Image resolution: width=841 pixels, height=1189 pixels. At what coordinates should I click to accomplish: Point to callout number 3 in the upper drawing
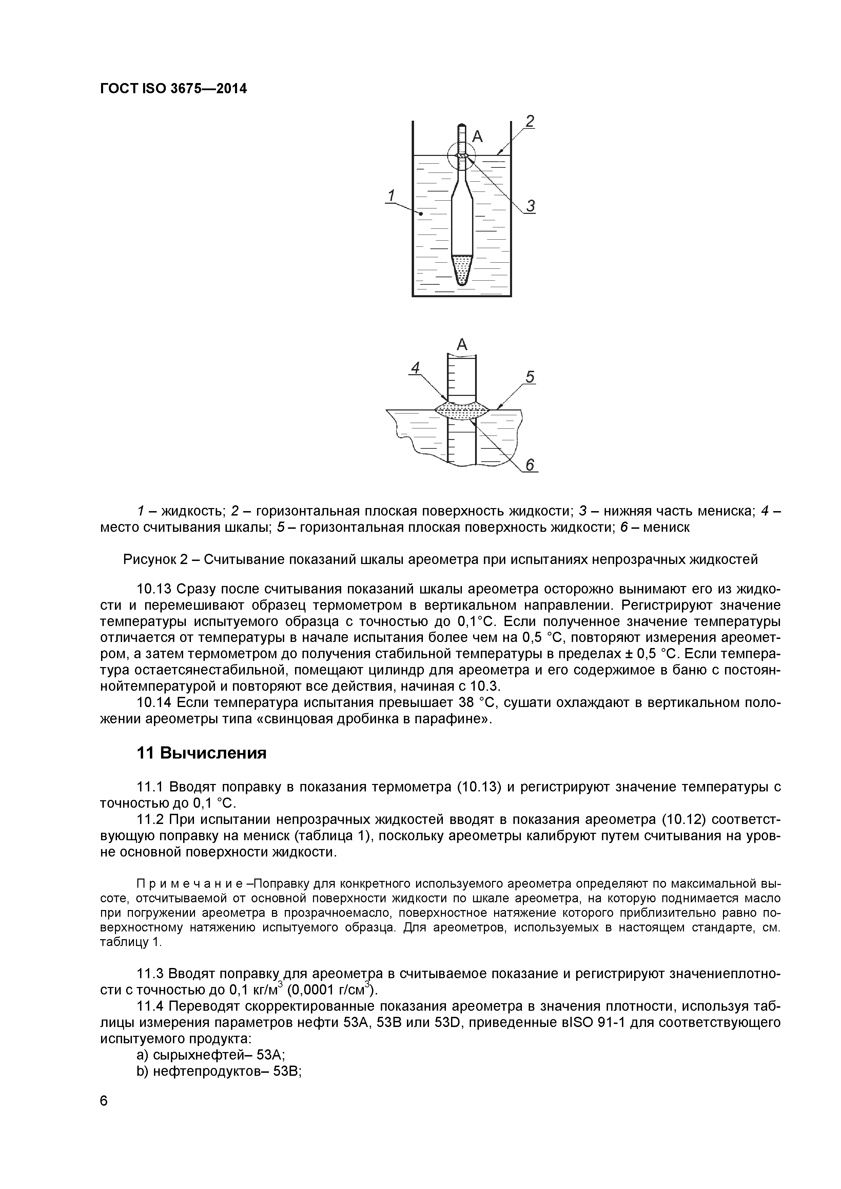[530, 206]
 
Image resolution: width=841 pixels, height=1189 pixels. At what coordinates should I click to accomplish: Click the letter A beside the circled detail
[477, 137]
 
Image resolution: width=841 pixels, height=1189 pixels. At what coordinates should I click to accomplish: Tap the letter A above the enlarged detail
[462, 344]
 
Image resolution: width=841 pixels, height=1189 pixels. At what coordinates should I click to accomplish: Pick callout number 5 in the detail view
[530, 377]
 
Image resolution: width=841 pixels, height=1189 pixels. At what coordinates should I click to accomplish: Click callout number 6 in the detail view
[530, 466]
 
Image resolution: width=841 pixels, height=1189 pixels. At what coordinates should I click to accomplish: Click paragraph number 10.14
[153, 703]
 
